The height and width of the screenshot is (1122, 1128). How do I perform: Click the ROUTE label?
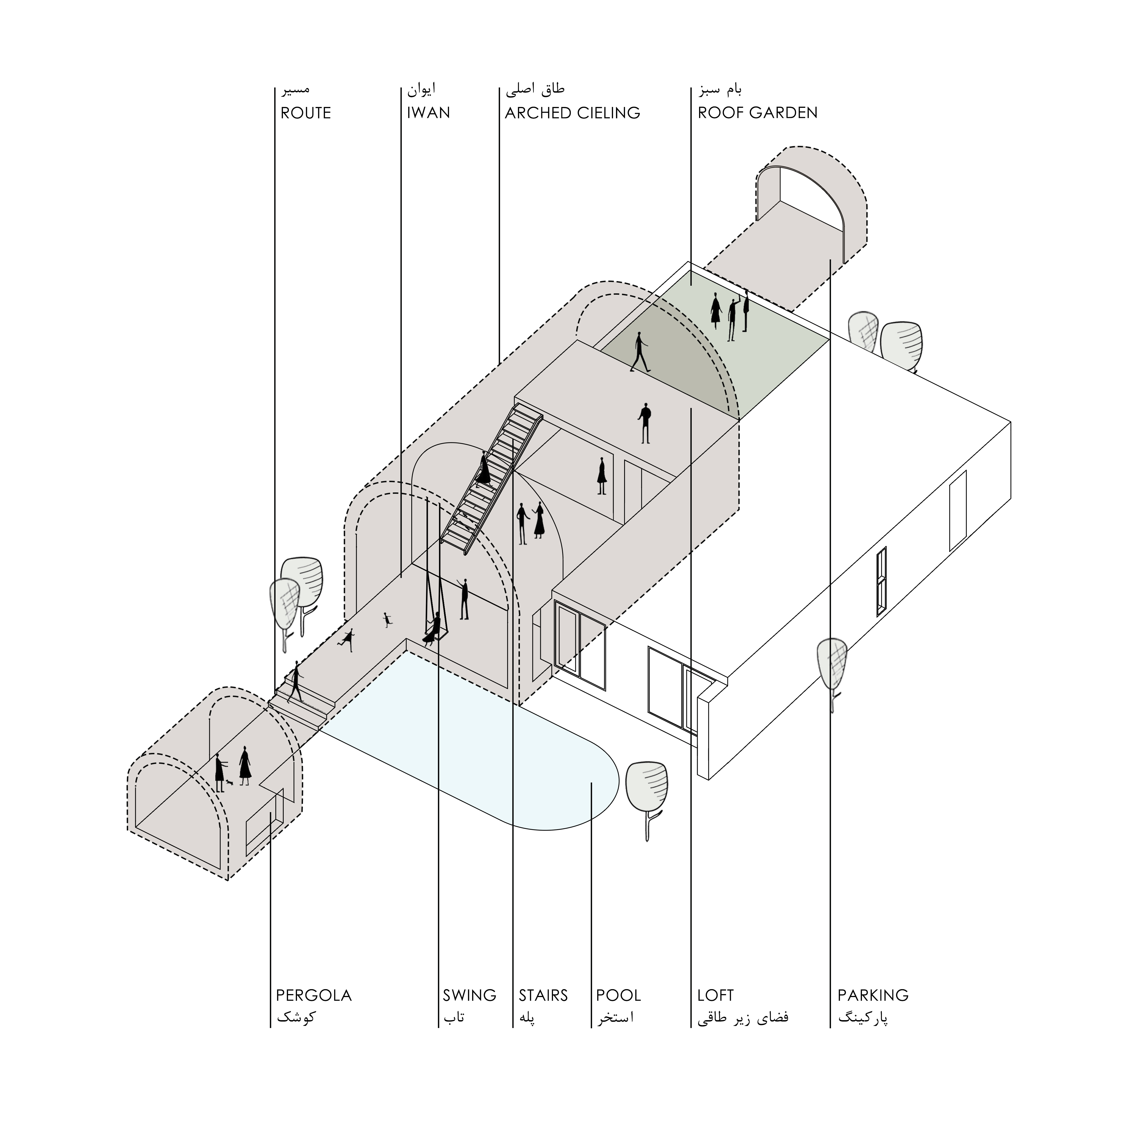click(305, 113)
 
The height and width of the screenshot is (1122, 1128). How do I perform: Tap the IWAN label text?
click(429, 113)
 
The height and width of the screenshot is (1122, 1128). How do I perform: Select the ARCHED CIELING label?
click(572, 113)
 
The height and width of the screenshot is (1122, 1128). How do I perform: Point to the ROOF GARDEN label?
click(757, 113)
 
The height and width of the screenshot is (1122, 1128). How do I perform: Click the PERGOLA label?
click(314, 995)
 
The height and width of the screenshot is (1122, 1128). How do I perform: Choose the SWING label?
click(469, 995)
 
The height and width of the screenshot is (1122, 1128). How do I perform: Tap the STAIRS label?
click(543, 995)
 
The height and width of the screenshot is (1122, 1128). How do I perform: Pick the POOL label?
click(618, 995)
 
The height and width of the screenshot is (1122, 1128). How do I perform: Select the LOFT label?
click(715, 995)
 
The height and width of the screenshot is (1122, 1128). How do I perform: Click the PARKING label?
click(873, 995)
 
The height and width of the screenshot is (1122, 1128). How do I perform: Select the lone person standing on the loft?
click(644, 423)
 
